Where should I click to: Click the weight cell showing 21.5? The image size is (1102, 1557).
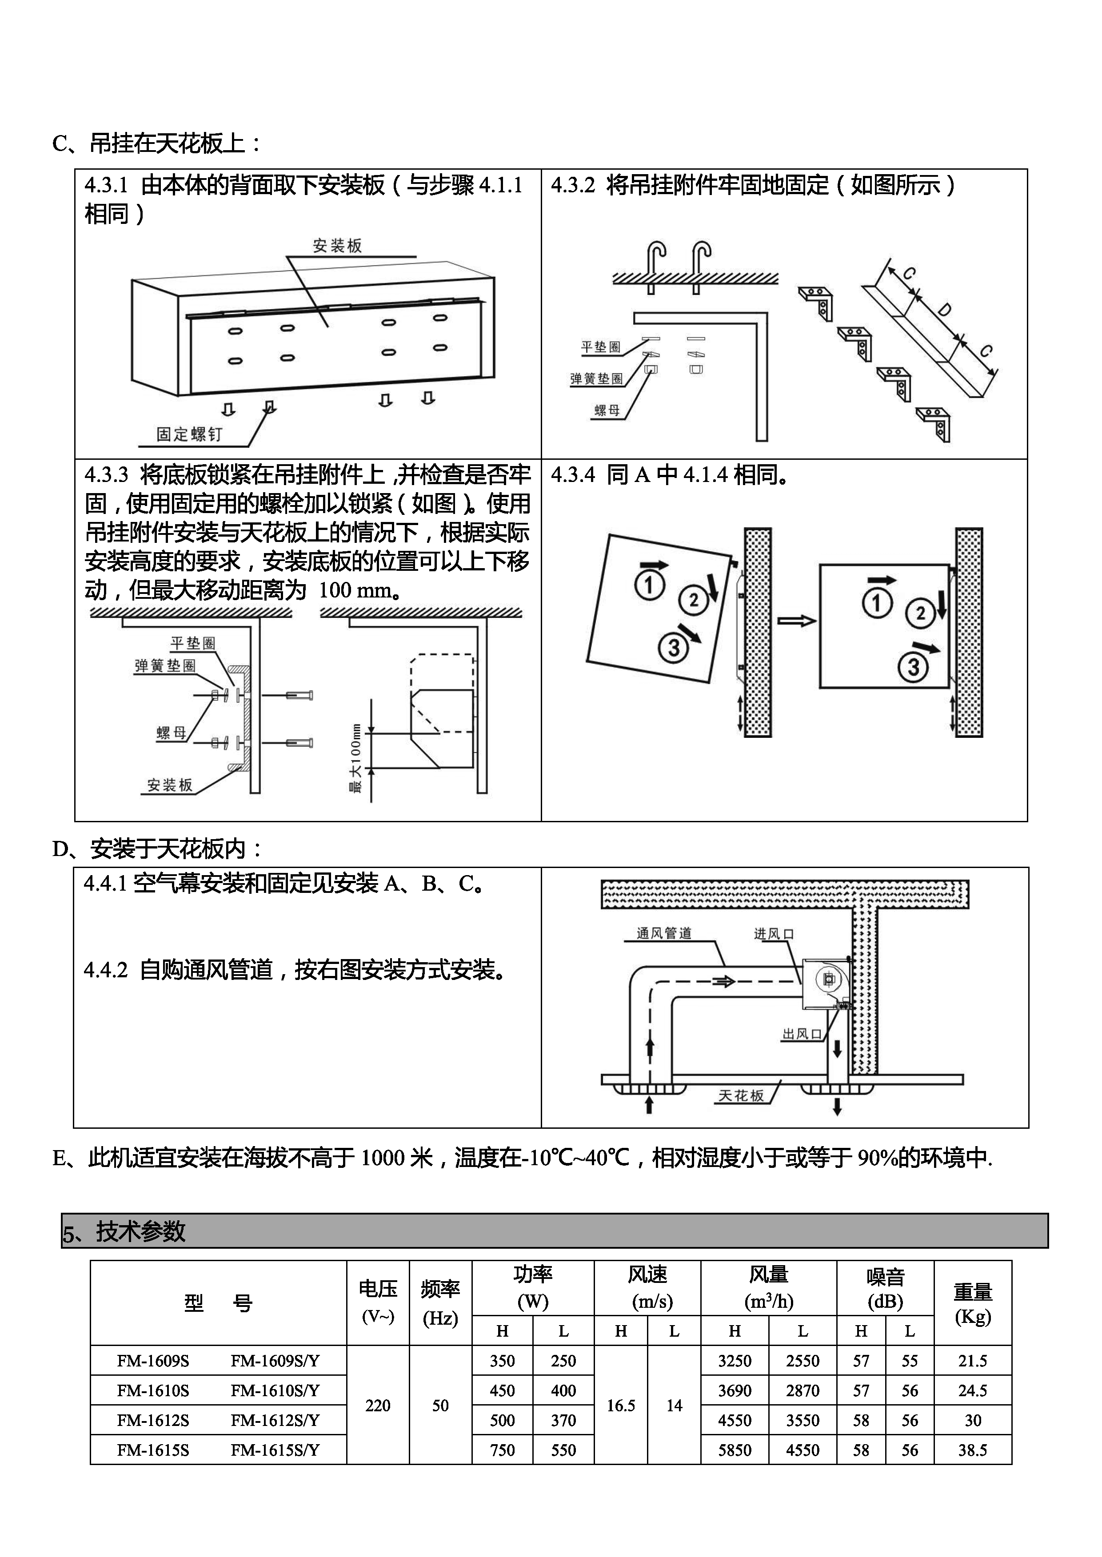pyautogui.click(x=972, y=1361)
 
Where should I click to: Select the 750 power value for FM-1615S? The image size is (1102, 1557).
pyautogui.click(x=502, y=1450)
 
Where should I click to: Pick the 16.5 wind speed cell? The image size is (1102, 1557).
pyautogui.click(x=620, y=1406)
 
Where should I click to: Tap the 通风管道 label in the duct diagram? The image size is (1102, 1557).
pyautogui.click(x=663, y=933)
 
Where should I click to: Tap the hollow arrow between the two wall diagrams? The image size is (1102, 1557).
pyautogui.click(x=795, y=621)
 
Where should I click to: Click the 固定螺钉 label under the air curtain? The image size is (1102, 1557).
pyautogui.click(x=189, y=434)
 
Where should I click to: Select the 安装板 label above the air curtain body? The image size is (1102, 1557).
pyautogui.click(x=337, y=246)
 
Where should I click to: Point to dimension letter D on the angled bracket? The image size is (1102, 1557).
pyautogui.click(x=944, y=310)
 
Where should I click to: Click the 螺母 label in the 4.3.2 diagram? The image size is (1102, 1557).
pyautogui.click(x=607, y=410)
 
